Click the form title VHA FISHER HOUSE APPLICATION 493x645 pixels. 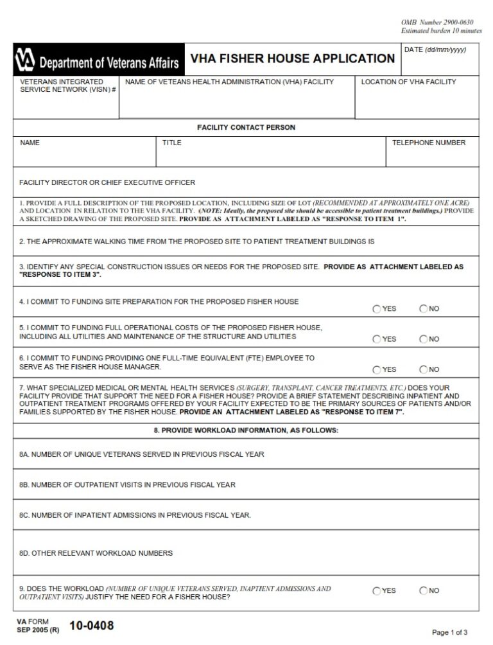292,59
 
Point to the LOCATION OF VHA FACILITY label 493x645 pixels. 408,82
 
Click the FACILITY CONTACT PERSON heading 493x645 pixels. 246,127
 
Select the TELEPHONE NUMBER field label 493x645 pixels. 429,143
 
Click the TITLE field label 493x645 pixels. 171,143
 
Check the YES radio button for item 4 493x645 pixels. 376,309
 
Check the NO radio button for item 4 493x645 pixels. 424,309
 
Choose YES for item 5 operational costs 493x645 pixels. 376,339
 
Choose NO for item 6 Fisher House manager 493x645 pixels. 424,370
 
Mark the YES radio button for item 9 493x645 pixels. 376,591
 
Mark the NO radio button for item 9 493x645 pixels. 424,591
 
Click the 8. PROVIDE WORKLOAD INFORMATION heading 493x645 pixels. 246,430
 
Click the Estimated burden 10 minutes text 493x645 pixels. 441,31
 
